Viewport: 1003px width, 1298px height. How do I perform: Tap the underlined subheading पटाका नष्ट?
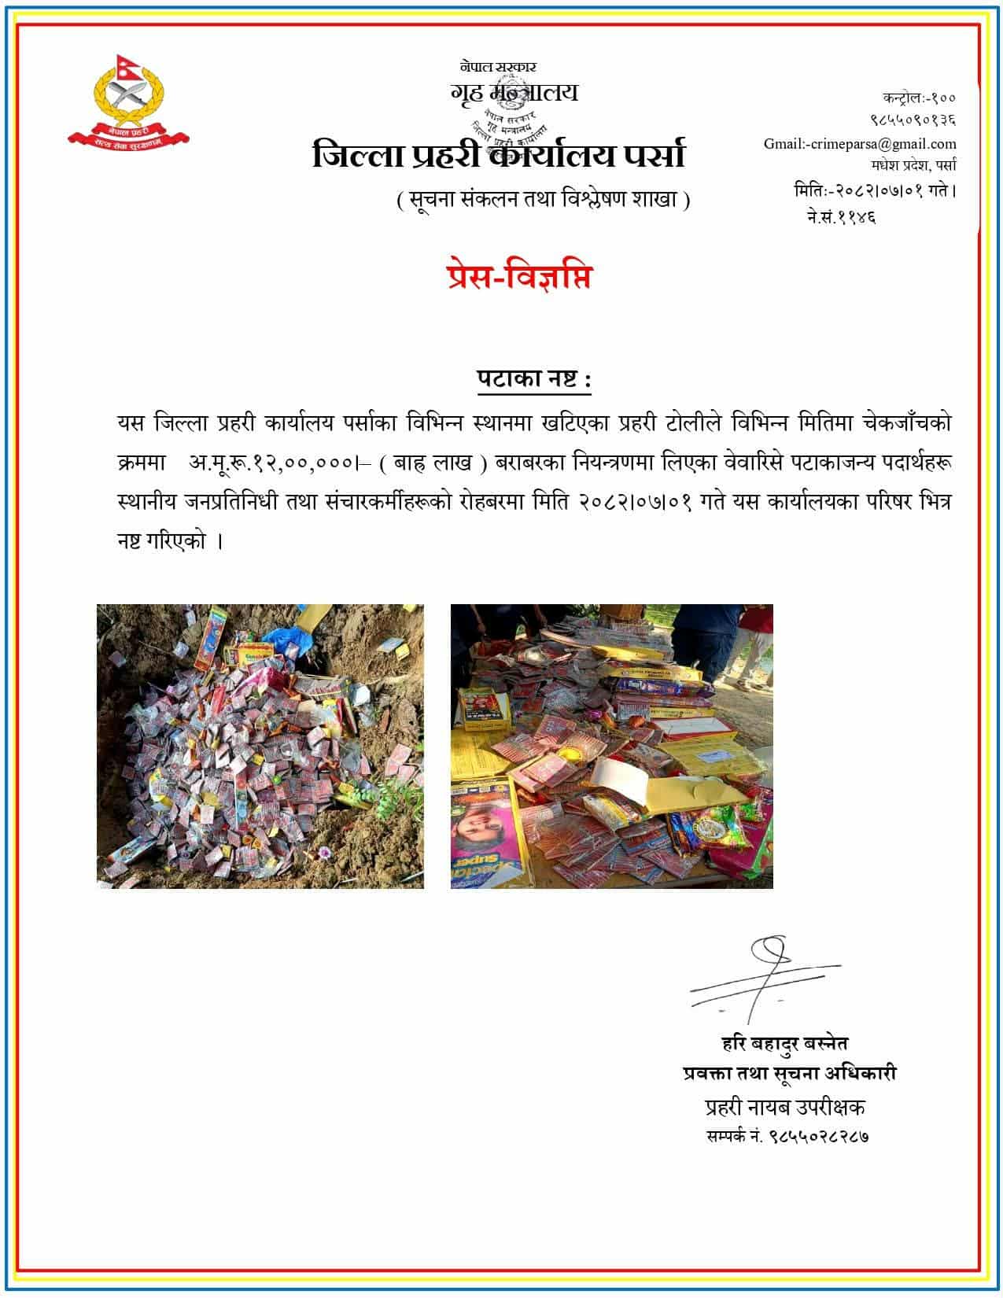533,380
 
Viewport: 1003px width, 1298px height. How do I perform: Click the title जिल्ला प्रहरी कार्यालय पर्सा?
499,155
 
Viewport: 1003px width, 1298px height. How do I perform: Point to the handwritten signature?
763,978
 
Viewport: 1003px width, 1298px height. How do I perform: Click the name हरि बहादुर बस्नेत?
784,1044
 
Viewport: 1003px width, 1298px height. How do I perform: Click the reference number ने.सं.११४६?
841,215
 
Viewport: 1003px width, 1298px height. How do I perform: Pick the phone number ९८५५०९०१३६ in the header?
913,121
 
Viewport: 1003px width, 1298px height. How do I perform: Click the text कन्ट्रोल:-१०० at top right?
919,98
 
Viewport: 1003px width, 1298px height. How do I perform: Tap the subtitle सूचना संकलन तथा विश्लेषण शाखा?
544,200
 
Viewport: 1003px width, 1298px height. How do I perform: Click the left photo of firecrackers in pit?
260,746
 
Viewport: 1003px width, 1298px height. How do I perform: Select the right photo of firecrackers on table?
611,746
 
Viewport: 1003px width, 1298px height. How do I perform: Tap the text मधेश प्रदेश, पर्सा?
913,166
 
